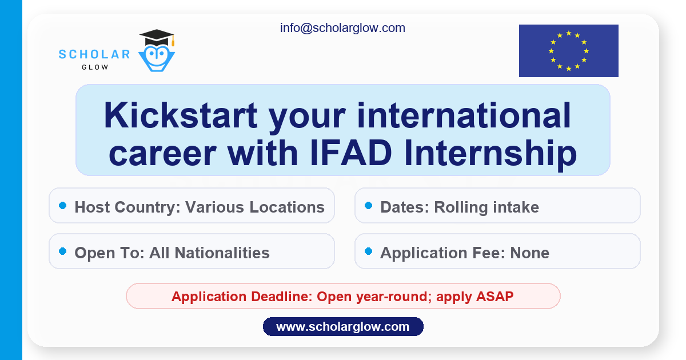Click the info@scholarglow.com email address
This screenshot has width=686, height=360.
pyautogui.click(x=342, y=28)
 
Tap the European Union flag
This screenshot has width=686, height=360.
pyautogui.click(x=568, y=51)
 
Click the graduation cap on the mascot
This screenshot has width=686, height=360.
pyautogui.click(x=157, y=38)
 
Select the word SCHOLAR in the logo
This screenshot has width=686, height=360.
pyautogui.click(x=94, y=54)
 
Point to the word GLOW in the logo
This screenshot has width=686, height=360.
pyautogui.click(x=95, y=67)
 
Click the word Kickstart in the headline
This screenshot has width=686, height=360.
pyautogui.click(x=181, y=115)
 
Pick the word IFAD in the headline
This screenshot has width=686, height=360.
pyautogui.click(x=351, y=153)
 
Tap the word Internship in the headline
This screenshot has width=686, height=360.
pyautogui.click(x=490, y=155)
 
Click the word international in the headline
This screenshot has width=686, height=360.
pyautogui.click(x=464, y=115)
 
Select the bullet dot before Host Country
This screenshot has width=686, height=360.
pyautogui.click(x=62, y=205)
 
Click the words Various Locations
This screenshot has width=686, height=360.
pyautogui.click(x=255, y=207)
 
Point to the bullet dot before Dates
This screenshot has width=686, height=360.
pyautogui.click(x=368, y=205)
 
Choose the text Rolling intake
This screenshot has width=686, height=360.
pyautogui.click(x=486, y=207)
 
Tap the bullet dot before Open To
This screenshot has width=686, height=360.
pyautogui.click(x=62, y=251)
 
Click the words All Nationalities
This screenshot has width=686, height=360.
pyautogui.click(x=209, y=253)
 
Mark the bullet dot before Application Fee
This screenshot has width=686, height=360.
pyautogui.click(x=368, y=251)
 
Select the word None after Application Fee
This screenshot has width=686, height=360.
pyautogui.click(x=529, y=253)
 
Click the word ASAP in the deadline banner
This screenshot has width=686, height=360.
pyautogui.click(x=494, y=297)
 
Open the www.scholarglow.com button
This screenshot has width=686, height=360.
pyautogui.click(x=343, y=327)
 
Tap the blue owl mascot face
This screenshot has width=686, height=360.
pyautogui.click(x=157, y=58)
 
